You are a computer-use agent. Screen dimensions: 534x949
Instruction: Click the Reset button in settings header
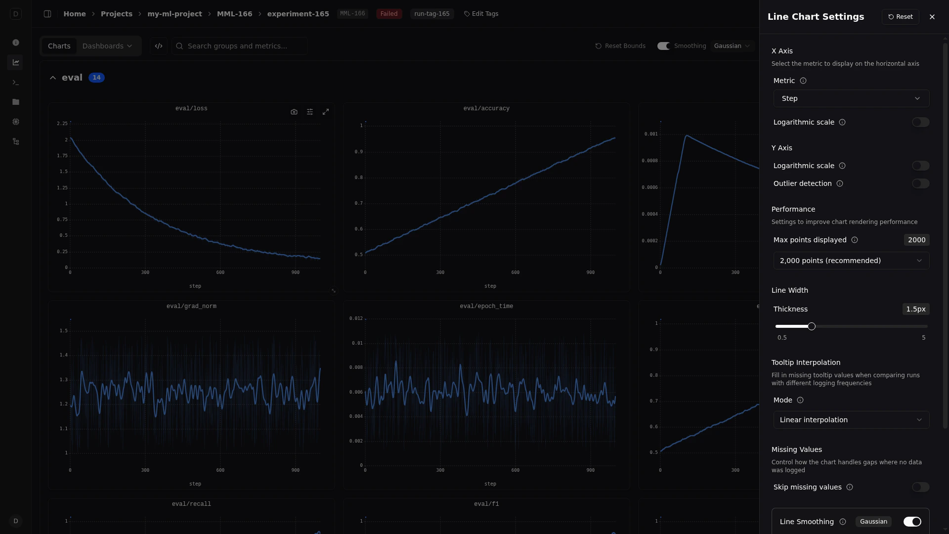click(900, 17)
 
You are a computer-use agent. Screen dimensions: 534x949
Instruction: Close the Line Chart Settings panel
click(932, 17)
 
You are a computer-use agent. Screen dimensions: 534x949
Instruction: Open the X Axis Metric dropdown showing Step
click(851, 98)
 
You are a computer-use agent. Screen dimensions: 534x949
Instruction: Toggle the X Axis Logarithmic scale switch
click(920, 122)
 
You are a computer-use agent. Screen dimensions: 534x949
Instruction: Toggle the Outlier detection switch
click(920, 183)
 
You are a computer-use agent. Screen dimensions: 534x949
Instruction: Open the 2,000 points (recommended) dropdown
click(851, 261)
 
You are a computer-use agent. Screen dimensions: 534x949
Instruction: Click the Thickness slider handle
click(812, 326)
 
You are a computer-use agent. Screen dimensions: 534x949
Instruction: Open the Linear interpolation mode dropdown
click(851, 420)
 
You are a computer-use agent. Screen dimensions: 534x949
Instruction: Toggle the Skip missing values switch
click(920, 487)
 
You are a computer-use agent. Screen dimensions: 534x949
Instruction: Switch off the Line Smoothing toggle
click(912, 522)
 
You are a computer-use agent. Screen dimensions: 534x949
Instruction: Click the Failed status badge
click(389, 14)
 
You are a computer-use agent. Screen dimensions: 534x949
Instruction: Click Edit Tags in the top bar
click(481, 14)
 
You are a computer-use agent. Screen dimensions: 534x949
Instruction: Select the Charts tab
click(59, 46)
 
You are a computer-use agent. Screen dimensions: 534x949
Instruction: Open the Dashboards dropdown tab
click(107, 46)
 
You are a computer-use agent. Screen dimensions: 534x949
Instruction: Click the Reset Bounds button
click(620, 46)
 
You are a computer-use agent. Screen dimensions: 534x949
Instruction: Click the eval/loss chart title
click(191, 108)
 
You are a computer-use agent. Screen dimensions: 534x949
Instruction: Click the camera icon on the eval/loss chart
click(294, 112)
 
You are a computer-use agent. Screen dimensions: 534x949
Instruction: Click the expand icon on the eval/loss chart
click(326, 112)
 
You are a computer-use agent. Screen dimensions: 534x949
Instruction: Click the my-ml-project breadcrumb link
click(174, 14)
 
